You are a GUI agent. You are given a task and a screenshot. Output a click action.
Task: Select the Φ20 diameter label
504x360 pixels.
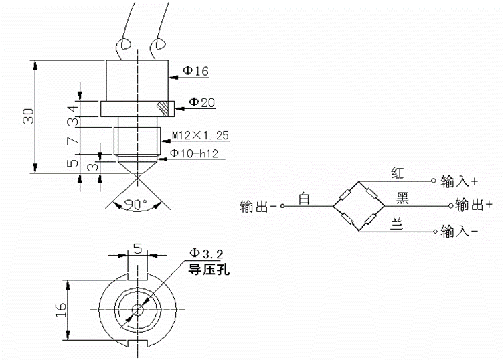pos(201,102)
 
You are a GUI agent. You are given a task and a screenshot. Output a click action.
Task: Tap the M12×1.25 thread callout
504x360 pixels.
pos(200,136)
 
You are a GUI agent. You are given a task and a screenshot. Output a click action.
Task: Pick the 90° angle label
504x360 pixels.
pos(136,205)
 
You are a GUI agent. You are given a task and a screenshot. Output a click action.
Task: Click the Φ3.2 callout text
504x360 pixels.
pos(204,253)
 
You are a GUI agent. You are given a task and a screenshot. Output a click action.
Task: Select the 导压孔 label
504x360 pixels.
pos(207,269)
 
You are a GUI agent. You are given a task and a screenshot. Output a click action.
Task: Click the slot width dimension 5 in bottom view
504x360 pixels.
pos(137,248)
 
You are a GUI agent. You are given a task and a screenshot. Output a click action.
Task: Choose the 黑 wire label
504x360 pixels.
pos(403,198)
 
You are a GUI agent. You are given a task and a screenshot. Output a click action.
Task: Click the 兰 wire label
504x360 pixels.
pos(396,226)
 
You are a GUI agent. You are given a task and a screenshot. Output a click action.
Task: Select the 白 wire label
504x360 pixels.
pos(305,199)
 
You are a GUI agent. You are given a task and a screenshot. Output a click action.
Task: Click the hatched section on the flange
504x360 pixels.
pos(163,106)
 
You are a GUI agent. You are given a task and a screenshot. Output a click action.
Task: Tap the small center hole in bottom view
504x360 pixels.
pos(137,309)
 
